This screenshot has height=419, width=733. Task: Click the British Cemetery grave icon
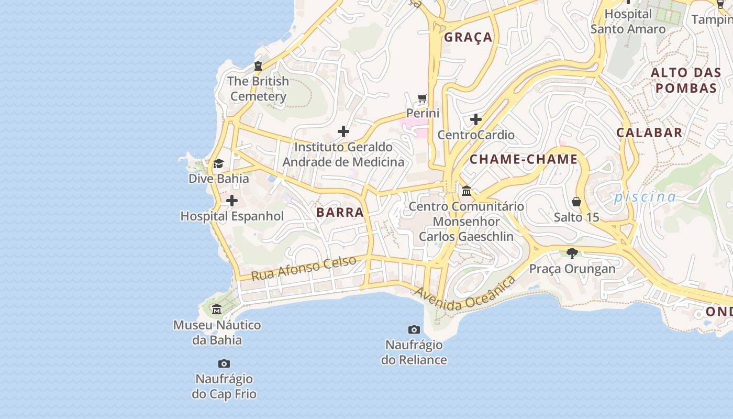pyautogui.click(x=258, y=66)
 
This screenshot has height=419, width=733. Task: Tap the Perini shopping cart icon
pyautogui.click(x=423, y=98)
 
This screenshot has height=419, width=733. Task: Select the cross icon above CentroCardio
pyautogui.click(x=475, y=120)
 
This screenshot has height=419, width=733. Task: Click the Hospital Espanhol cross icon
pyautogui.click(x=231, y=201)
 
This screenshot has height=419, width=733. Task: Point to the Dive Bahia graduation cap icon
pyautogui.click(x=218, y=164)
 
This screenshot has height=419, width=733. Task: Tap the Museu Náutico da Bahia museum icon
pyautogui.click(x=217, y=310)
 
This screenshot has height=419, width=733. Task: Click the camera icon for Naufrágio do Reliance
pyautogui.click(x=414, y=329)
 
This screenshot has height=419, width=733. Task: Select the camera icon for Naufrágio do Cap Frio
pyautogui.click(x=224, y=363)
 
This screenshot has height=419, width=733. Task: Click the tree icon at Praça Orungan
pyautogui.click(x=572, y=253)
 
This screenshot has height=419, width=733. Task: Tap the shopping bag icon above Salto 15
pyautogui.click(x=576, y=202)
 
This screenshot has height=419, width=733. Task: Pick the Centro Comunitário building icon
pyautogui.click(x=467, y=191)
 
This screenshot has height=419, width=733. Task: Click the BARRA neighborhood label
pyautogui.click(x=340, y=212)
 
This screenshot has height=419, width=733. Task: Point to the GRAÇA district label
pyautogui.click(x=468, y=37)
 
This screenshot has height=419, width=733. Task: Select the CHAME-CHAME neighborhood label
pyautogui.click(x=524, y=160)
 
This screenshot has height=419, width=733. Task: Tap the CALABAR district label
pyautogui.click(x=649, y=133)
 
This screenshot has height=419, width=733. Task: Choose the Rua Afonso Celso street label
pyautogui.click(x=304, y=268)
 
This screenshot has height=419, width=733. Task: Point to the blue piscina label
pyautogui.click(x=645, y=197)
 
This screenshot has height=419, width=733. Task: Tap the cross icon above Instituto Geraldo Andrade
pyautogui.click(x=343, y=131)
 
